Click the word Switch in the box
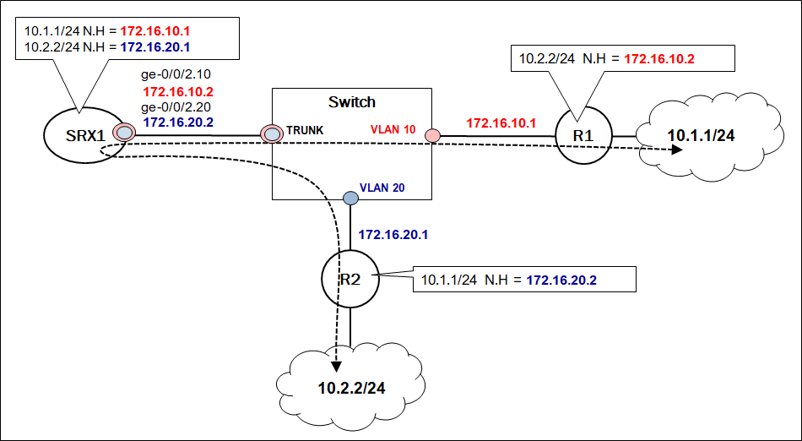(351, 102)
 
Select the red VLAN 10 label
(393, 130)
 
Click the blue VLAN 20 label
(382, 188)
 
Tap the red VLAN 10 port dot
(431, 135)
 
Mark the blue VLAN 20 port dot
(350, 198)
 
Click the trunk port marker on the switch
(272, 133)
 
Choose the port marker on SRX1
(124, 133)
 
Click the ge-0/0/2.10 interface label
(176, 75)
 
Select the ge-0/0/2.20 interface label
(176, 107)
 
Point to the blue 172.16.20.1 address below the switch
(393, 234)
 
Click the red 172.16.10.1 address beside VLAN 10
(501, 122)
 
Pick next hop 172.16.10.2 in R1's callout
(659, 59)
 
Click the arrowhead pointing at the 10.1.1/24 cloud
(676, 150)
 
